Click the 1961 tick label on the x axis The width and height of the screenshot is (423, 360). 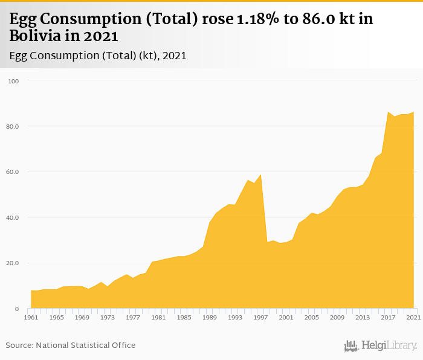pyautogui.click(x=31, y=317)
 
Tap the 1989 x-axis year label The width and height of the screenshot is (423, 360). pyautogui.click(x=210, y=317)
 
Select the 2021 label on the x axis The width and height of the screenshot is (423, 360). pyautogui.click(x=414, y=317)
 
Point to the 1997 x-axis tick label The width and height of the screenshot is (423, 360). pyautogui.click(x=260, y=317)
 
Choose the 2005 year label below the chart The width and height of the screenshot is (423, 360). pyautogui.click(x=312, y=317)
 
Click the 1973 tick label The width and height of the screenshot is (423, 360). pyautogui.click(x=108, y=317)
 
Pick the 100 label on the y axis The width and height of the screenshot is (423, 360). pyautogui.click(x=14, y=81)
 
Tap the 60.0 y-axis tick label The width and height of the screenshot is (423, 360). pyautogui.click(x=13, y=172)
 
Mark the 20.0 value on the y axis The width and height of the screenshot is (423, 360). pyautogui.click(x=13, y=263)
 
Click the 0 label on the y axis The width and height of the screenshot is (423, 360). pyautogui.click(x=18, y=309)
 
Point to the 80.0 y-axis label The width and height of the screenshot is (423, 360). pyautogui.click(x=13, y=126)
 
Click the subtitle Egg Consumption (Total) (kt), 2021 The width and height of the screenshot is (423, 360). pyautogui.click(x=98, y=56)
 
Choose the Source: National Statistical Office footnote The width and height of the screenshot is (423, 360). pyautogui.click(x=71, y=346)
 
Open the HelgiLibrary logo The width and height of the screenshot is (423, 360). pyautogui.click(x=380, y=346)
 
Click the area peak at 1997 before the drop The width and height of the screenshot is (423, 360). pyautogui.click(x=260, y=175)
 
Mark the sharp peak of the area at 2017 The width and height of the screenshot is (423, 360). pyautogui.click(x=388, y=112)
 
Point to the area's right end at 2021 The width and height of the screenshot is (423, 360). pyautogui.click(x=414, y=112)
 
